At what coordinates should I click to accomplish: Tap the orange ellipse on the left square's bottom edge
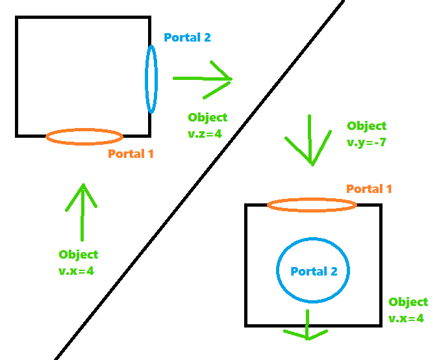pyautogui.click(x=84, y=136)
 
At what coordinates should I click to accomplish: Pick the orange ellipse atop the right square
pyautogui.click(x=312, y=205)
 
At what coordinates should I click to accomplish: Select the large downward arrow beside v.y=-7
pyautogui.click(x=310, y=140)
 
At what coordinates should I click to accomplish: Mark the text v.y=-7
pyautogui.click(x=366, y=142)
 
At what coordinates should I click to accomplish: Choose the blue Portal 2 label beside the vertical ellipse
pyautogui.click(x=187, y=38)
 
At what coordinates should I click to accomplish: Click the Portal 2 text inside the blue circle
pyautogui.click(x=314, y=272)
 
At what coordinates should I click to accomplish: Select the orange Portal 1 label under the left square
pyautogui.click(x=131, y=154)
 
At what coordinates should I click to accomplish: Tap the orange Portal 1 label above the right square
pyautogui.click(x=369, y=189)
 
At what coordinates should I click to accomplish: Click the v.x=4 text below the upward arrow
pyautogui.click(x=77, y=271)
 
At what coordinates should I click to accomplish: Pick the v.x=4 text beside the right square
pyautogui.click(x=406, y=318)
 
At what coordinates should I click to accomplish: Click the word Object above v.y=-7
pyautogui.click(x=366, y=126)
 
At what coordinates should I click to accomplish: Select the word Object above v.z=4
pyautogui.click(x=208, y=118)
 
